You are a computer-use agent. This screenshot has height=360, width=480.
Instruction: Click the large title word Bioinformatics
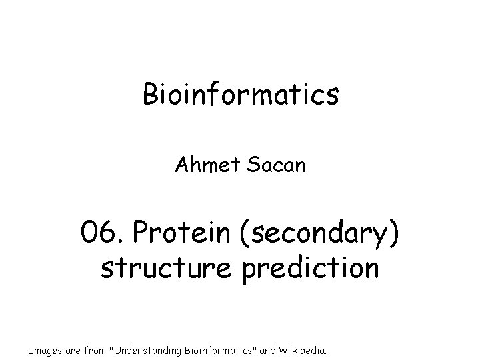click(x=240, y=95)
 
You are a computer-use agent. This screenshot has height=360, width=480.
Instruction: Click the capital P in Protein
click(x=141, y=234)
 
